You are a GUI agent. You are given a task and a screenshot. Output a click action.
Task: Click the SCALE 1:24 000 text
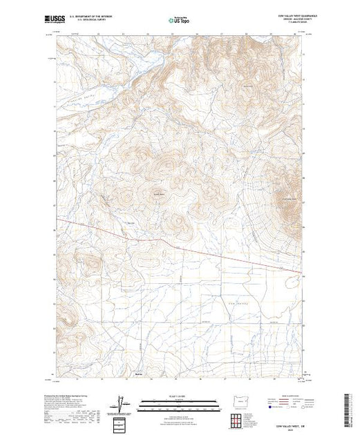(x=179, y=396)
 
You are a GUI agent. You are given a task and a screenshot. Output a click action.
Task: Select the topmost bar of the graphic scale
(x=179, y=400)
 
